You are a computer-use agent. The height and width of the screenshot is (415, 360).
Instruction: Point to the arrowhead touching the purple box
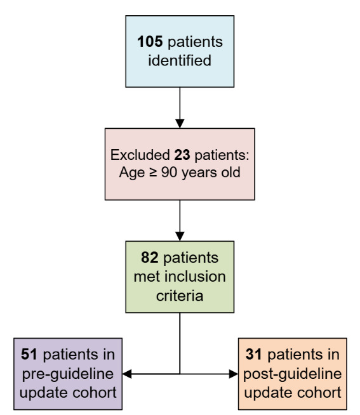coord(127,374)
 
